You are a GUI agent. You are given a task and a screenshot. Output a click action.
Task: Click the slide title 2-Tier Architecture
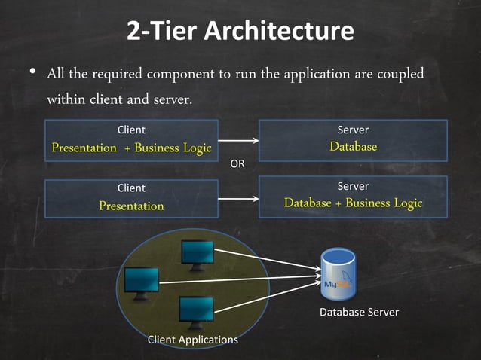(x=240, y=32)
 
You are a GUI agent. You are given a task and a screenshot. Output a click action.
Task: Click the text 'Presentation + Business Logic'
(x=131, y=148)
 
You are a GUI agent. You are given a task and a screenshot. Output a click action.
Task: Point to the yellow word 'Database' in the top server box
(x=353, y=147)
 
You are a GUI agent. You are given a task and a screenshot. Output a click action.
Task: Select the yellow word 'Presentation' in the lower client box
(x=131, y=206)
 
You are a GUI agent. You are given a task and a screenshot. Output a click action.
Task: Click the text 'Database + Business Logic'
(x=353, y=203)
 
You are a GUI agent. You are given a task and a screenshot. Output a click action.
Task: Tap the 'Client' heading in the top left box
(x=131, y=130)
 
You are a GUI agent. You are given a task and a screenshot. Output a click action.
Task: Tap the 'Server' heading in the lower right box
(x=353, y=185)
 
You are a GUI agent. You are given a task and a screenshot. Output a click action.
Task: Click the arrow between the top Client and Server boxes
(x=238, y=140)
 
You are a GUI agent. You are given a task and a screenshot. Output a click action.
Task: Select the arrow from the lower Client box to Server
(x=238, y=199)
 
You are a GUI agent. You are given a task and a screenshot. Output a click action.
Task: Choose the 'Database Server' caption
(x=359, y=312)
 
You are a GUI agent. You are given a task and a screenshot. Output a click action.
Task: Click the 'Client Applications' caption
(x=192, y=340)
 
